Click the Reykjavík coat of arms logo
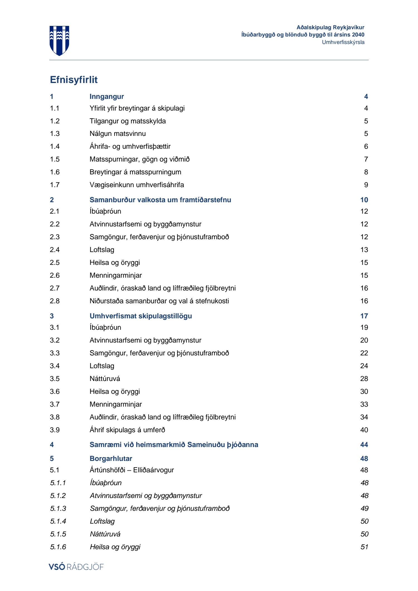(59, 41)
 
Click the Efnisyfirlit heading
(74, 80)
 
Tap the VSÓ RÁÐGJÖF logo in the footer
(76, 567)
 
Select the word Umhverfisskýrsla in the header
(343, 42)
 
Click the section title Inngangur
(107, 97)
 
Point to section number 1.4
(55, 146)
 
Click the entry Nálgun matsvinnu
(118, 134)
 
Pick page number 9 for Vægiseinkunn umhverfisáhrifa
(366, 185)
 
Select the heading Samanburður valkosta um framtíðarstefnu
(160, 200)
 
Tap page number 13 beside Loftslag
(364, 250)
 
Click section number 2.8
(55, 301)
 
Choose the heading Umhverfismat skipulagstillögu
(141, 316)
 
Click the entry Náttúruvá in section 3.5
(105, 379)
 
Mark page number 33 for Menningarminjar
(364, 404)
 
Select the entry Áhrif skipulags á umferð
(127, 430)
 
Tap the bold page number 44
(364, 445)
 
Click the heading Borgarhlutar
(111, 459)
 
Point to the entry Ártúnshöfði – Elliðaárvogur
(132, 470)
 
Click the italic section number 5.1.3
(58, 509)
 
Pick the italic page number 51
(364, 547)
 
